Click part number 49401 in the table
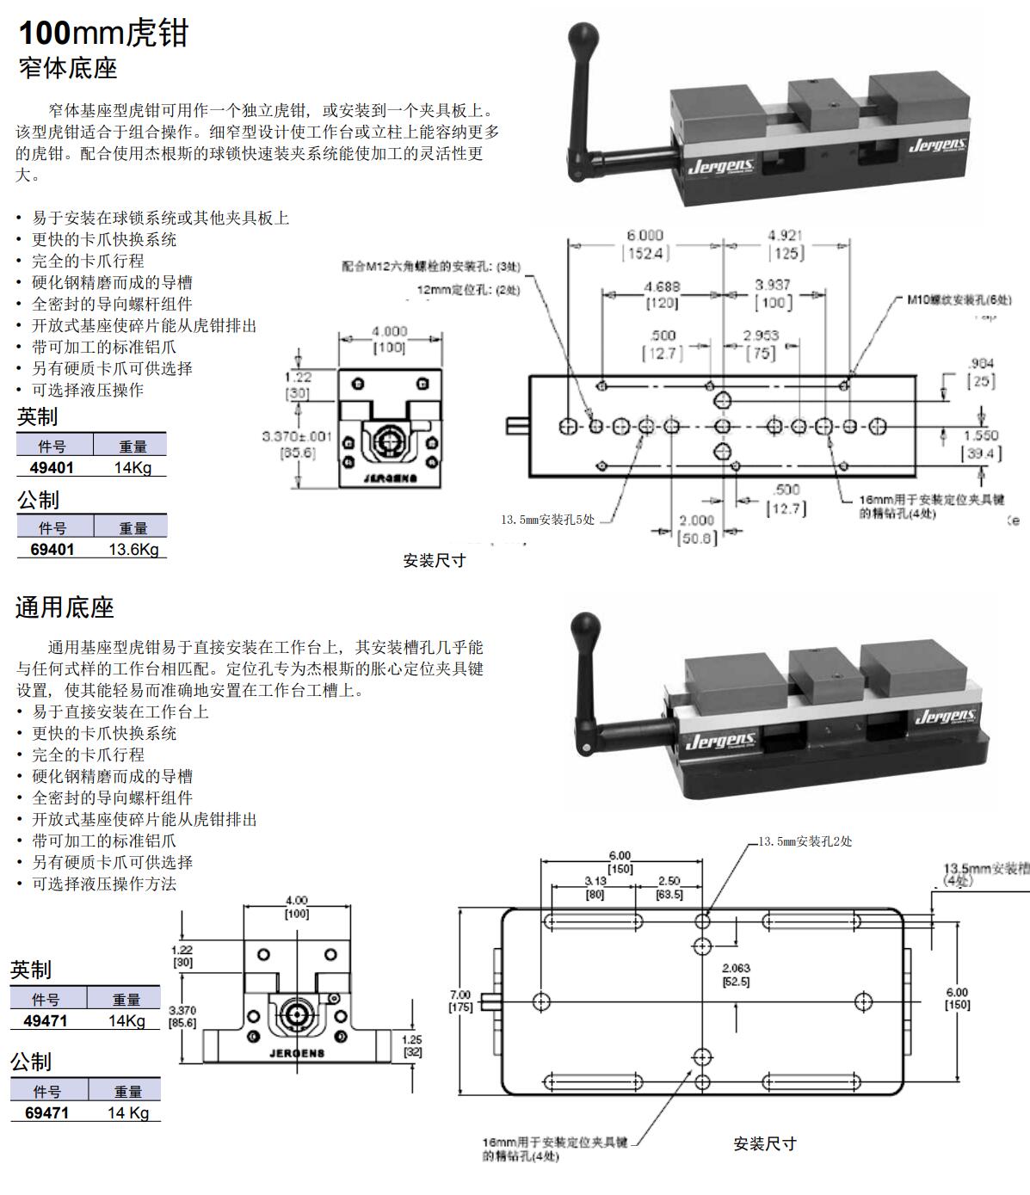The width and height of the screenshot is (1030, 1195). tap(52, 467)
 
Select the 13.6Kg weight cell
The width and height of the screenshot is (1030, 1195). tap(133, 549)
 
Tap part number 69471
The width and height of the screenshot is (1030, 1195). tap(46, 1112)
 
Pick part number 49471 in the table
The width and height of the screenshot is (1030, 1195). tap(46, 1020)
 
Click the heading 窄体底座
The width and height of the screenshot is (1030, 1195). tap(68, 69)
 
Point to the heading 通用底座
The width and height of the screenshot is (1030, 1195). tap(65, 607)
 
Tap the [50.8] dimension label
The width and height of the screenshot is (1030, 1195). tap(696, 539)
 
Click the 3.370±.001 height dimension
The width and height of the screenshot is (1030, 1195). tap(297, 436)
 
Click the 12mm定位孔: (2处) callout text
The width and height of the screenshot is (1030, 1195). tap(469, 290)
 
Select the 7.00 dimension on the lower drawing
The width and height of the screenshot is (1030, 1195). tap(460, 995)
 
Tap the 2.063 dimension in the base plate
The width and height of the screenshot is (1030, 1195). tap(736, 969)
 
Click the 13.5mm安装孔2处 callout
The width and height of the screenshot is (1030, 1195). tap(805, 841)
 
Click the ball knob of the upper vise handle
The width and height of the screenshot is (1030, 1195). tap(582, 38)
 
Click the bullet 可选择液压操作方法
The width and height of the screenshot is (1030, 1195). tap(104, 884)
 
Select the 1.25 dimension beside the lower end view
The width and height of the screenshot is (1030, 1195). tap(412, 1039)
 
